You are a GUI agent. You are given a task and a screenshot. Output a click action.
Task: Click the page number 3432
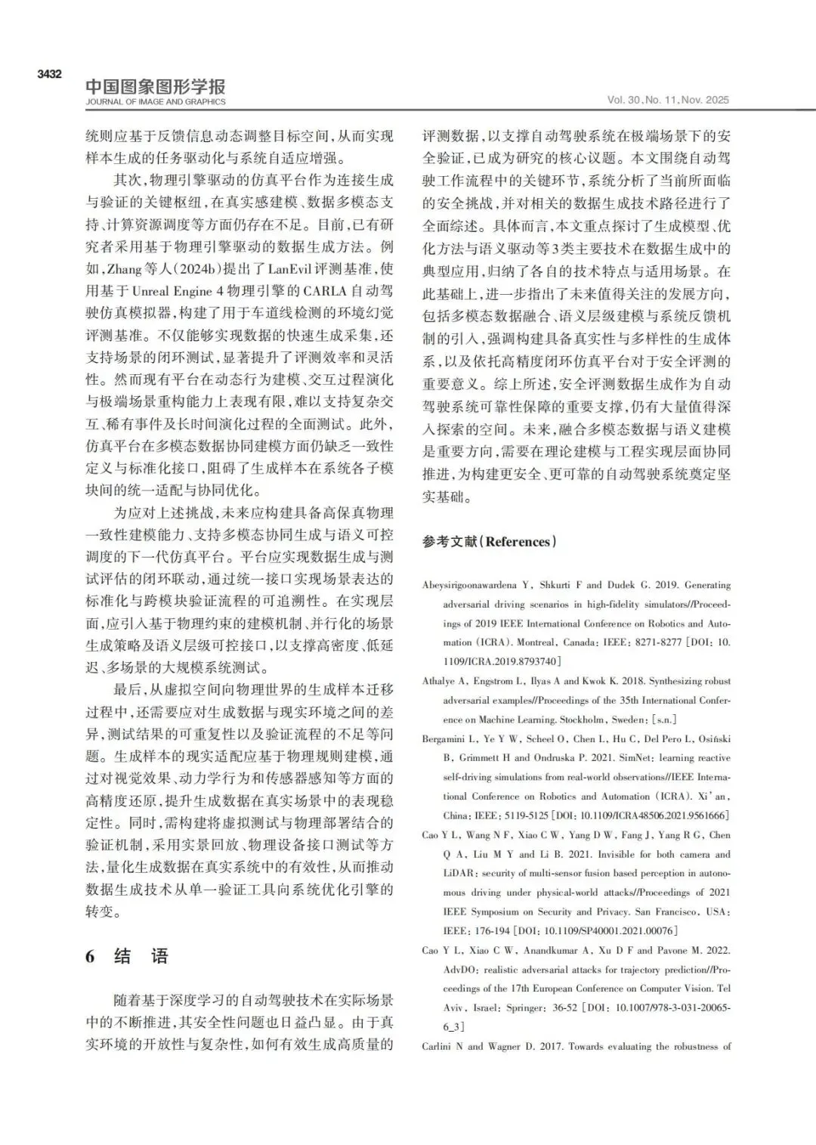click(49, 74)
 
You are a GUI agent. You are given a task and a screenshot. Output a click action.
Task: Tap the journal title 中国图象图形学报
click(155, 86)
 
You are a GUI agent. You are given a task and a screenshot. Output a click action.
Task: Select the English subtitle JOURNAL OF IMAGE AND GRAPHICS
click(155, 102)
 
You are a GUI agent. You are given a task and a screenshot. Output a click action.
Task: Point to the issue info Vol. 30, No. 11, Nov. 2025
click(668, 100)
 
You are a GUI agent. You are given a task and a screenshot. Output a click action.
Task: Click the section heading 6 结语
click(126, 956)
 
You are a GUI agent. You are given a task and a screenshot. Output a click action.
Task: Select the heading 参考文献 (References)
click(489, 541)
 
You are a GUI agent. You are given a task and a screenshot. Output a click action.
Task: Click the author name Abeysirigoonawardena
click(469, 585)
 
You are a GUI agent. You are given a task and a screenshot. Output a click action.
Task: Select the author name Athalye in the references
click(439, 681)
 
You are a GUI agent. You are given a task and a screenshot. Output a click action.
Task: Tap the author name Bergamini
click(444, 738)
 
